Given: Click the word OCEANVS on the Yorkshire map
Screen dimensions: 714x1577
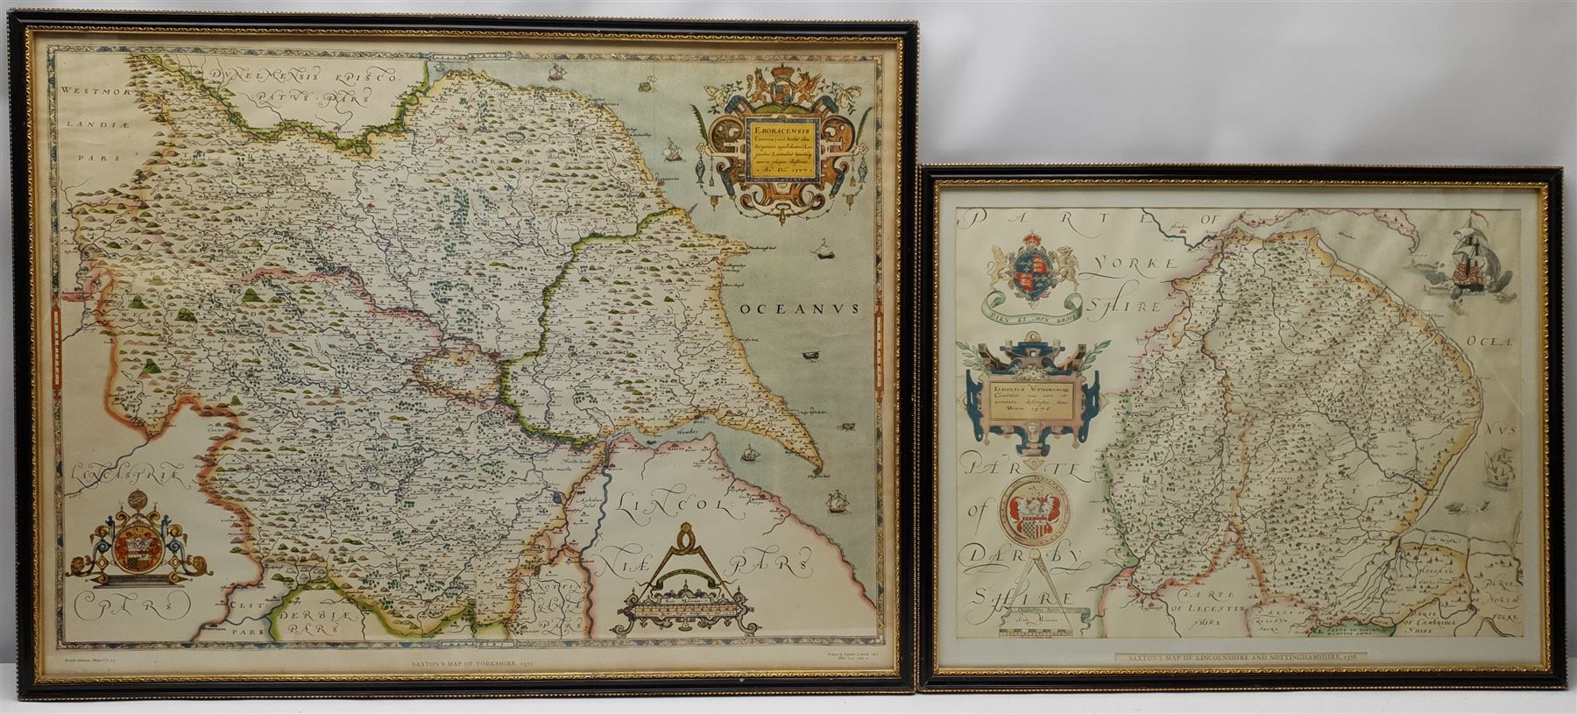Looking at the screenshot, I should click(x=797, y=308).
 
